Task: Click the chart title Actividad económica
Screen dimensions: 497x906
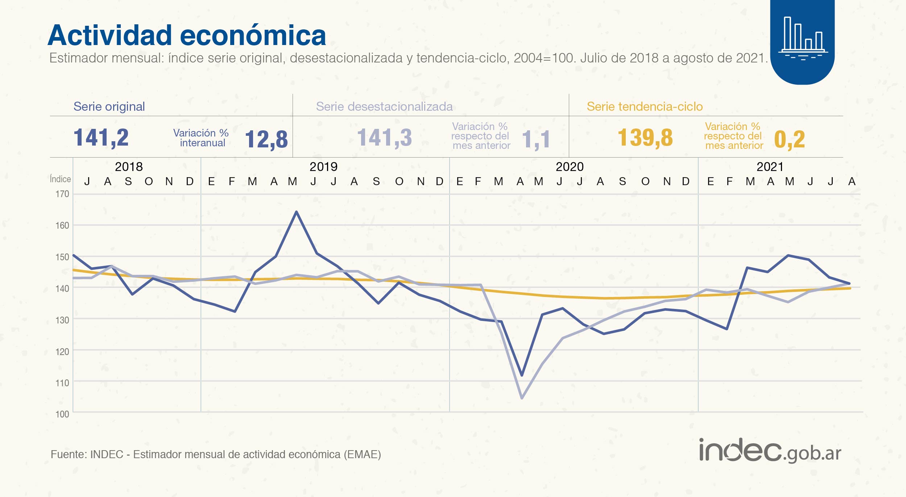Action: (x=187, y=36)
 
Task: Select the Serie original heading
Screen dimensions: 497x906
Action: (x=109, y=106)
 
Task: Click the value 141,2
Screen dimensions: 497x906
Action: (x=101, y=138)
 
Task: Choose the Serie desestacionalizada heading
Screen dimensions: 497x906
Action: (x=384, y=106)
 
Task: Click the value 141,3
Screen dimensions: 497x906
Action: (x=385, y=138)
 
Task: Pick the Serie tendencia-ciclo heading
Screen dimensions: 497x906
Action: (x=645, y=106)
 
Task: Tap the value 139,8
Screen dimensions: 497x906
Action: (x=645, y=138)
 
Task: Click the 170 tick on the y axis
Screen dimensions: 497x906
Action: (x=62, y=194)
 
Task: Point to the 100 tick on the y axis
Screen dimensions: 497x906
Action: (x=62, y=414)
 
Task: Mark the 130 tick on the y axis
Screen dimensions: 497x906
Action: (x=62, y=320)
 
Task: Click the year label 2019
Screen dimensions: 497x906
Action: (x=323, y=167)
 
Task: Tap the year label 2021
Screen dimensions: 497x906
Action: (x=770, y=167)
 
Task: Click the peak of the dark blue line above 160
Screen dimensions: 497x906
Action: (x=297, y=212)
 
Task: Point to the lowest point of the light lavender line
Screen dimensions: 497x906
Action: (x=522, y=398)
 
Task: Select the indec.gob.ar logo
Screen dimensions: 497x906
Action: (x=770, y=451)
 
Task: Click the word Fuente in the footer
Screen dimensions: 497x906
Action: (x=67, y=455)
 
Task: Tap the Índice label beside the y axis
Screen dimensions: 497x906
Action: (x=61, y=179)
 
